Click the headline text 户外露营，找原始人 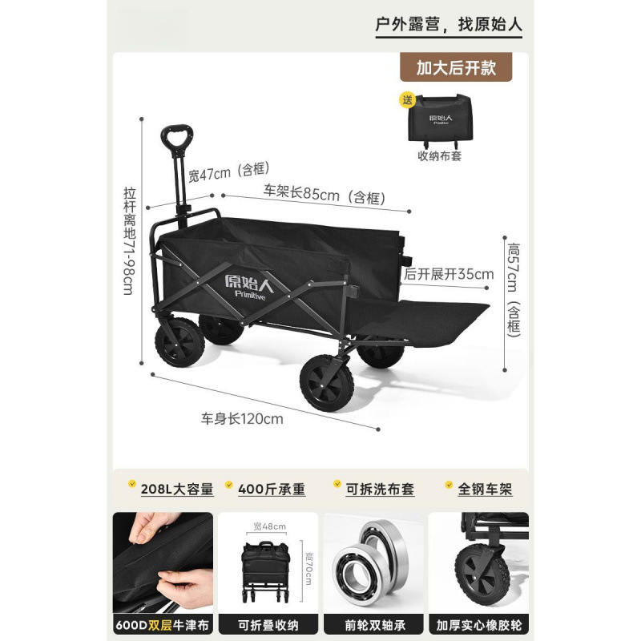[449, 23]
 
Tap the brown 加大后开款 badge [456, 67]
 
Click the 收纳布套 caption [439, 156]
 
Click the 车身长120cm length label [242, 417]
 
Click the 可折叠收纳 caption [269, 625]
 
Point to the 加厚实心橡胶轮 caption [479, 625]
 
